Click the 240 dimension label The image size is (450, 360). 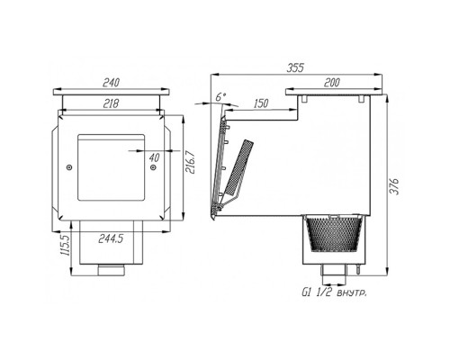[x=111, y=83]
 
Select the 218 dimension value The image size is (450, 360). [x=111, y=103]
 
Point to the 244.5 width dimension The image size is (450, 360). [x=111, y=238]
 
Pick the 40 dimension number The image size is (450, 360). [x=154, y=157]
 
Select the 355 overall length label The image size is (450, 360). [x=295, y=67]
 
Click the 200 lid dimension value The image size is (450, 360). [x=331, y=83]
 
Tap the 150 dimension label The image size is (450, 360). [x=261, y=103]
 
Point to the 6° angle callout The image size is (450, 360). [x=220, y=96]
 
